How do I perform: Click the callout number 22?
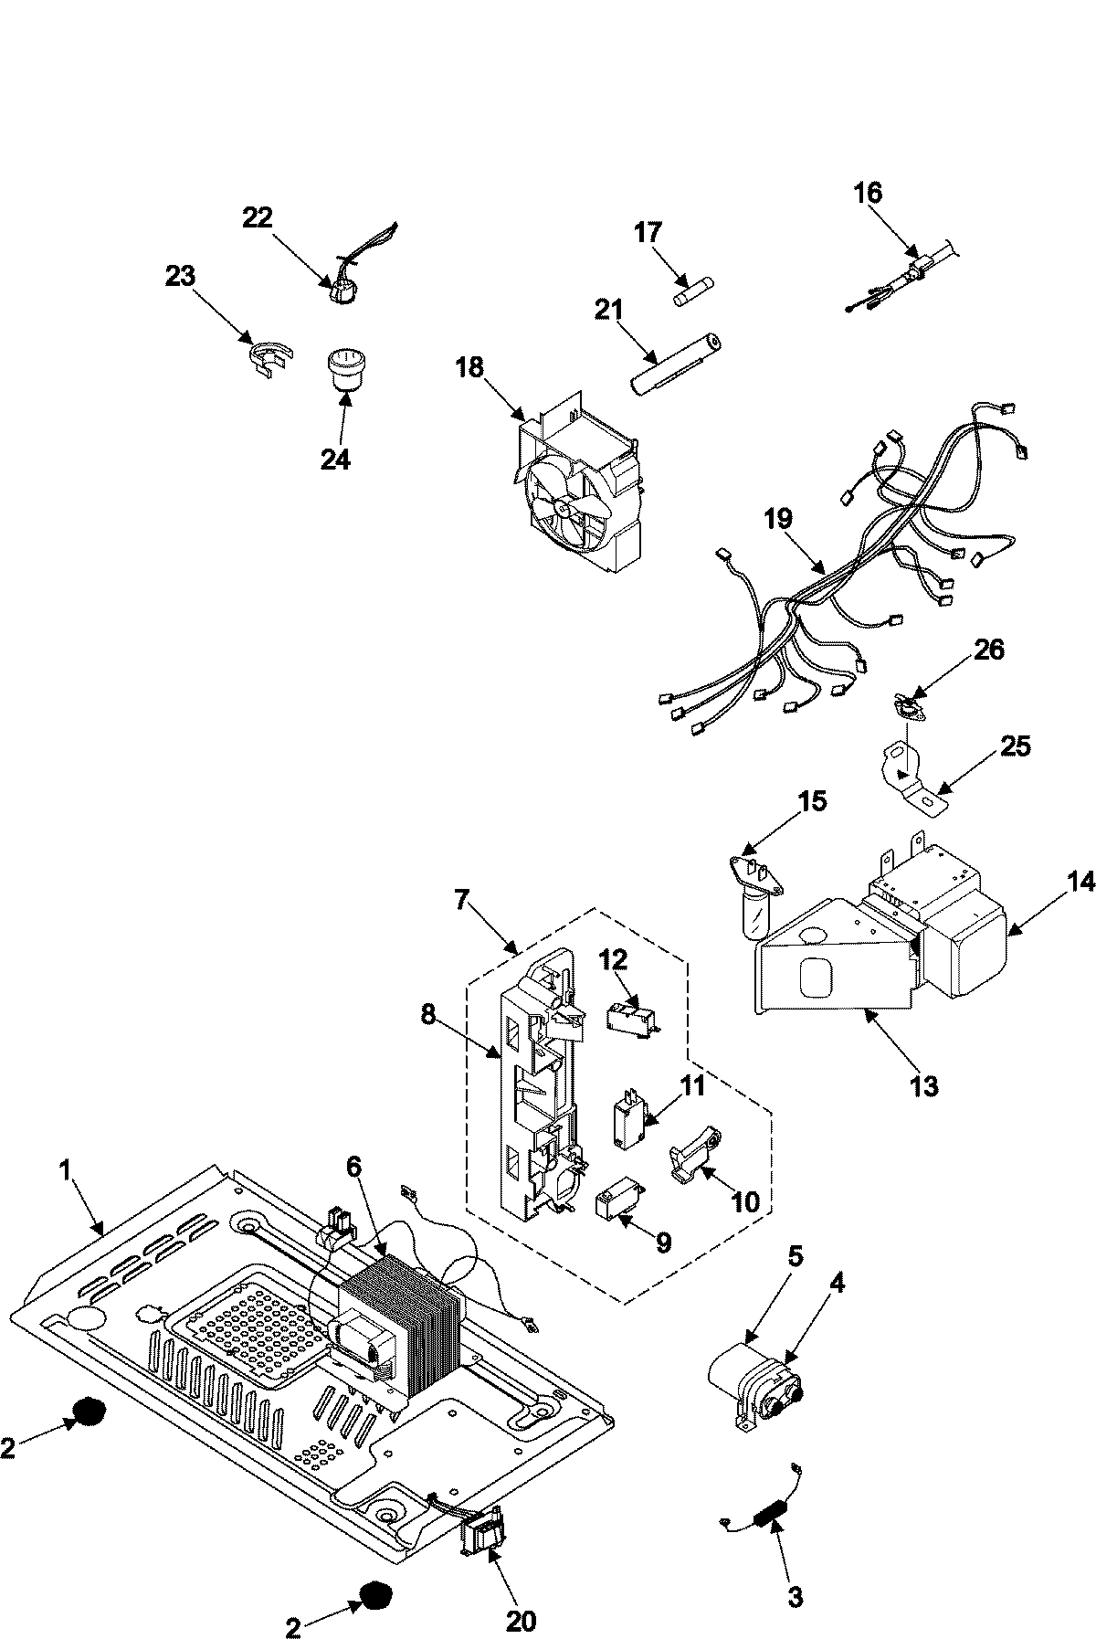click(257, 217)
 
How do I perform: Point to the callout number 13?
click(924, 1086)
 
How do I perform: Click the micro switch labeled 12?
click(630, 1016)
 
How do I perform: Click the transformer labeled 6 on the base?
click(397, 1316)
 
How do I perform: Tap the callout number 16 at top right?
click(868, 193)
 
